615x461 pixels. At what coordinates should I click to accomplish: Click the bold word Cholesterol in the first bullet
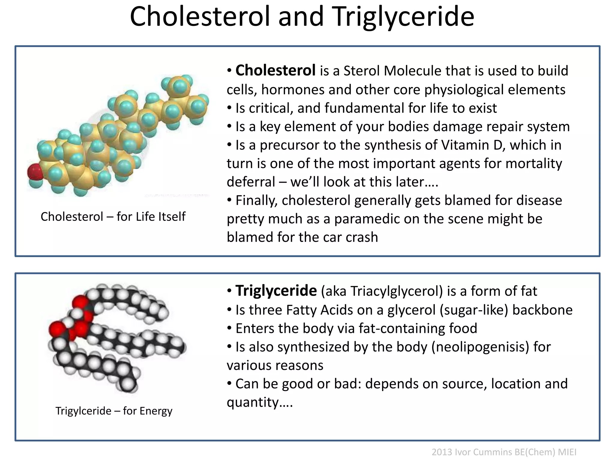click(x=275, y=71)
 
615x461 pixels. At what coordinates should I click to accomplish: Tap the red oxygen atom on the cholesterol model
click(x=35, y=172)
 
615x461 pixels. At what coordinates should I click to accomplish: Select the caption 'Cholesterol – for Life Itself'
click(x=113, y=216)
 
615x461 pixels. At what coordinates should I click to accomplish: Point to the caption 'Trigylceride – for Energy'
click(x=114, y=411)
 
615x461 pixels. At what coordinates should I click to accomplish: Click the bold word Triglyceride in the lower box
click(x=276, y=291)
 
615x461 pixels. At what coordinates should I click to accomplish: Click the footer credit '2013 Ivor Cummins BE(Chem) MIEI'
click(x=504, y=452)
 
